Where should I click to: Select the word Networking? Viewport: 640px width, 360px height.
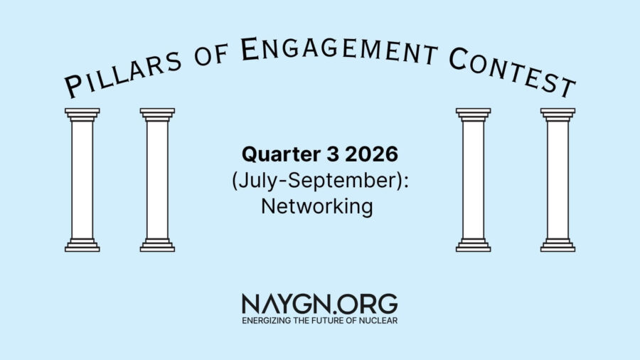[316, 207]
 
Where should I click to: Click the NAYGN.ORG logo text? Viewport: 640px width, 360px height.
[319, 304]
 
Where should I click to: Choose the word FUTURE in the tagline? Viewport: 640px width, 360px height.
[331, 320]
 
